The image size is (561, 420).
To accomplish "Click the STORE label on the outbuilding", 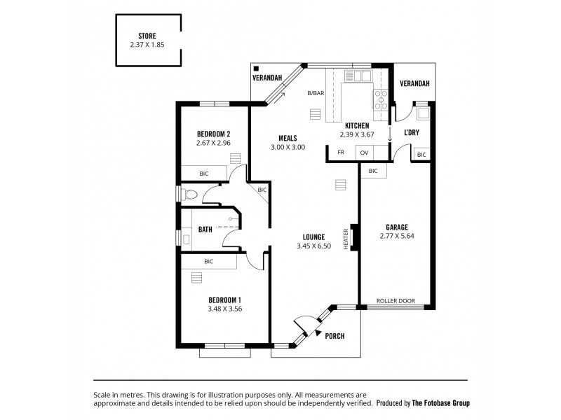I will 147,36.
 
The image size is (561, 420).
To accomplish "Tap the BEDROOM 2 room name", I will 213,134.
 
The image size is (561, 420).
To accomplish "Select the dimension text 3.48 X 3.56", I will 224,309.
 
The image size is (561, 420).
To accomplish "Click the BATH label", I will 205,228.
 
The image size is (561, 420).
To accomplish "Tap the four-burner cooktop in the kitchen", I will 381,101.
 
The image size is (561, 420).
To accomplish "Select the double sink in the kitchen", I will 362,76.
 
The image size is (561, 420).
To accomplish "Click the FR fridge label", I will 341,152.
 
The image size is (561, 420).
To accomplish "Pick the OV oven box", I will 364,152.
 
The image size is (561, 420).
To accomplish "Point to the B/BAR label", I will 315,93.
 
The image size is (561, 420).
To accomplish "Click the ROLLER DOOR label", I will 396,301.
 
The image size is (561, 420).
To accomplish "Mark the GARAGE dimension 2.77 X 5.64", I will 397,237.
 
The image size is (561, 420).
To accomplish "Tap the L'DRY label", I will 412,132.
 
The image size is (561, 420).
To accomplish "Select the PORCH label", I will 335,336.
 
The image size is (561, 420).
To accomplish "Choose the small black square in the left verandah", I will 257,69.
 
